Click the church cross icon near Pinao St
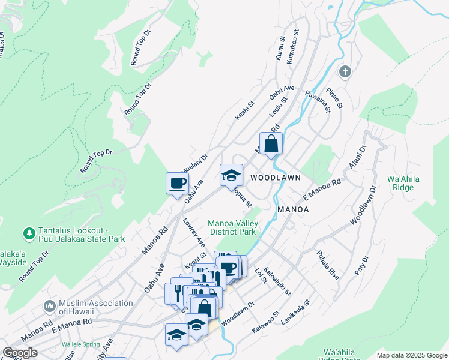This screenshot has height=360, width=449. pos(345,72)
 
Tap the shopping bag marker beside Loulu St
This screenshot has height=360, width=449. pos(271,144)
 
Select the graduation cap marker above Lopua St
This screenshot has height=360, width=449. pos(231,176)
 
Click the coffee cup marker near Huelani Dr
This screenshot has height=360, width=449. pos(177,184)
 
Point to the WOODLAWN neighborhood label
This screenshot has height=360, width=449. pos(276,178)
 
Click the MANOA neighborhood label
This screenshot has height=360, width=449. pos(293,209)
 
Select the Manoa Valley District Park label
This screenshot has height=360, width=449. pos(232,227)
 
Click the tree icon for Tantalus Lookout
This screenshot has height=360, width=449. pos(28,232)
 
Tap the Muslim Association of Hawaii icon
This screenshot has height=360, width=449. pos(49,307)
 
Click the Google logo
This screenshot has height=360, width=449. pos(20,353)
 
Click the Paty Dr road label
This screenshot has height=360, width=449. pos(360,264)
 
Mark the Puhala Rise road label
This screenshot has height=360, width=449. pos(328,262)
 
